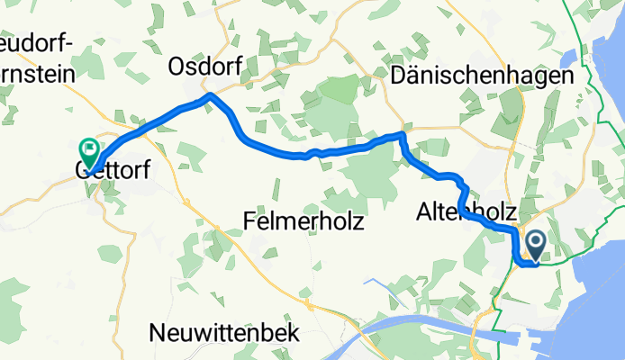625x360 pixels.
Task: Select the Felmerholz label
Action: pos(304,220)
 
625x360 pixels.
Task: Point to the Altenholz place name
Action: pos(466,212)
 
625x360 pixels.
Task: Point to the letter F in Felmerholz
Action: pos(251,220)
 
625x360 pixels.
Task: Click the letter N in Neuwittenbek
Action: pos(158,332)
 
